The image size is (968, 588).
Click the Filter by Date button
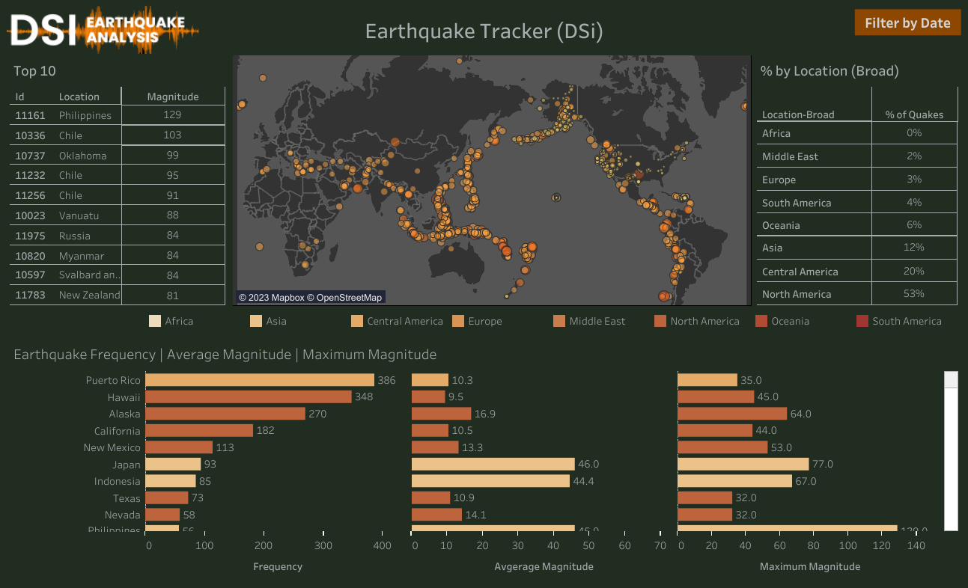(907, 23)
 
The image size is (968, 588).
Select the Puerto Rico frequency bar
(259, 380)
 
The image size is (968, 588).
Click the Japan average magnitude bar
(493, 465)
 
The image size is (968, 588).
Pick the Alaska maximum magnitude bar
(731, 414)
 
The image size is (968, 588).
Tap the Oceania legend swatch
(761, 321)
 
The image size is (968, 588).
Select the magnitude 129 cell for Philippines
(173, 115)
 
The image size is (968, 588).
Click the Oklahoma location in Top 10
(82, 156)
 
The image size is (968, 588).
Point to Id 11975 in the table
(31, 236)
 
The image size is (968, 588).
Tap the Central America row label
(800, 272)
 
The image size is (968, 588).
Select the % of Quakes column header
(914, 114)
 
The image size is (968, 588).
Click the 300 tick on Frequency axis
(323, 546)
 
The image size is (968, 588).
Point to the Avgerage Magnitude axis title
(544, 566)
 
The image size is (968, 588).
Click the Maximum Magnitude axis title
(810, 566)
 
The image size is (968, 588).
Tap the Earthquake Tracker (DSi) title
(484, 31)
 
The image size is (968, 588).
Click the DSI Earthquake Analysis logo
(103, 30)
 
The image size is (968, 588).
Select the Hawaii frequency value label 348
(364, 396)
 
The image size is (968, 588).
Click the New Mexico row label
(112, 447)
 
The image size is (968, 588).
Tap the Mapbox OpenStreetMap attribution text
(310, 298)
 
